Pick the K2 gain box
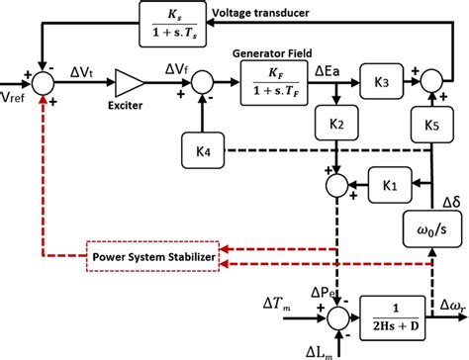(337, 127)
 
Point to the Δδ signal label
(449, 201)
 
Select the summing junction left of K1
(337, 183)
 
